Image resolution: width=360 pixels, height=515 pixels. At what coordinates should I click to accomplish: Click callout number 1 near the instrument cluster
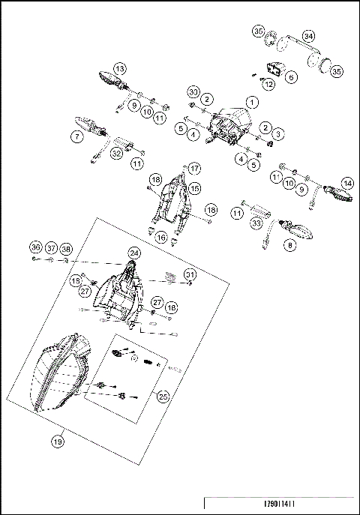253,101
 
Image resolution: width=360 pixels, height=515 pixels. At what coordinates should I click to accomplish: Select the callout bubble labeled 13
120,67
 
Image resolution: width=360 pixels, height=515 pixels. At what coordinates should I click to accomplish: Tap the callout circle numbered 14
346,183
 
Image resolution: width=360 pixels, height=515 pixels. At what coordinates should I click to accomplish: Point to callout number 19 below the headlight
57,442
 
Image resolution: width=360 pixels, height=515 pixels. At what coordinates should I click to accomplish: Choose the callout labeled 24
134,253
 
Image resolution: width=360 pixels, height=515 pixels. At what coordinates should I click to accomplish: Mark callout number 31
190,274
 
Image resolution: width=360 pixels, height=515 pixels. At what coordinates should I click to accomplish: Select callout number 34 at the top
308,36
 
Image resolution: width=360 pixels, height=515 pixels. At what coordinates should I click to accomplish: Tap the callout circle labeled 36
35,248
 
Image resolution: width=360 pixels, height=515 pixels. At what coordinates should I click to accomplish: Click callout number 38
66,248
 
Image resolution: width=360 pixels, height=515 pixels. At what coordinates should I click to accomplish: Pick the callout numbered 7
76,136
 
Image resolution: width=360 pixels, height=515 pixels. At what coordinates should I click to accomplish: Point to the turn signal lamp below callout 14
337,196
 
